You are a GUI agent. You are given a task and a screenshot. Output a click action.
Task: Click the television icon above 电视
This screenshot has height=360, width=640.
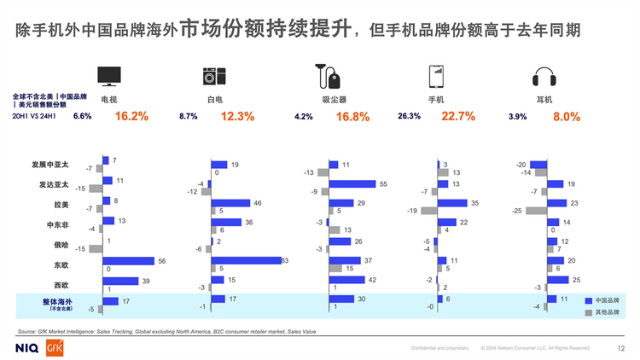point(109,76)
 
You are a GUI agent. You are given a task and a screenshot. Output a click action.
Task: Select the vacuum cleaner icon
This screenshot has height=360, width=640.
point(325,76)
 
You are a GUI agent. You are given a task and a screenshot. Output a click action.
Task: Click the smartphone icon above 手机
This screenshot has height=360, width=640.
point(435,76)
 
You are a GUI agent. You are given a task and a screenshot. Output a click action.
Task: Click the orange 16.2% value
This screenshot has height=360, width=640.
point(131,117)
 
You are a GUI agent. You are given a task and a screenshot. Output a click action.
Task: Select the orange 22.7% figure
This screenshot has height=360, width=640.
point(458,117)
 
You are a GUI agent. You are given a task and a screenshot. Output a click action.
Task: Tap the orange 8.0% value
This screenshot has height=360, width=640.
point(567,117)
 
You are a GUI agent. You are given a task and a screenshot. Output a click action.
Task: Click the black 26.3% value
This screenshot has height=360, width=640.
point(409,117)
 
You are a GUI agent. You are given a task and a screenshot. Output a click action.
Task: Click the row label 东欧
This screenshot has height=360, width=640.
point(61,264)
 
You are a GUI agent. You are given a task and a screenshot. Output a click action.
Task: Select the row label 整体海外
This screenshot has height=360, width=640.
point(58,302)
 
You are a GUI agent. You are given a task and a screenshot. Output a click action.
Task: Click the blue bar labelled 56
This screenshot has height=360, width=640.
point(128,261)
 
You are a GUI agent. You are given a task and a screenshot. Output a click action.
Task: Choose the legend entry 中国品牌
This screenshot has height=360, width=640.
point(604,300)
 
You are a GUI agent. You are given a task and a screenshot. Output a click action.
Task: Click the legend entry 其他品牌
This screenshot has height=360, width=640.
point(604,313)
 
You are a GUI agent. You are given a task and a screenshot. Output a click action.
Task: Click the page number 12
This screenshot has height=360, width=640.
point(620,348)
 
